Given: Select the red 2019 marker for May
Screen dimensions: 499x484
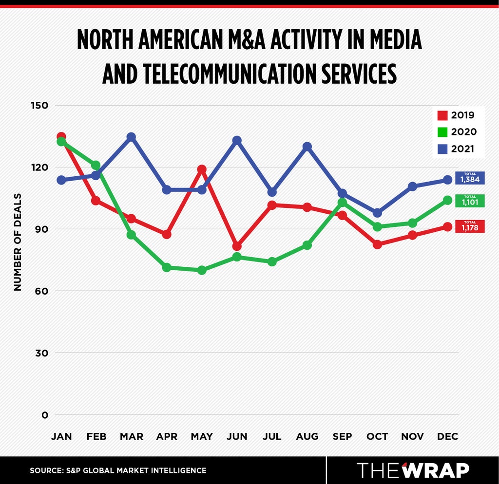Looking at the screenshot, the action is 202,169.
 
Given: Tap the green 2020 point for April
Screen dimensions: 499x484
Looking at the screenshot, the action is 167,267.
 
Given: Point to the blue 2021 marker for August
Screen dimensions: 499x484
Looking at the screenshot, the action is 307,147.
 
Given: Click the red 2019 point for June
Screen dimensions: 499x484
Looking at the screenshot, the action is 237,246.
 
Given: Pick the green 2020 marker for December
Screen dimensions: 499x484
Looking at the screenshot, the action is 448,200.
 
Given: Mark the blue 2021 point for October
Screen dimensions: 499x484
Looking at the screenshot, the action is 378,213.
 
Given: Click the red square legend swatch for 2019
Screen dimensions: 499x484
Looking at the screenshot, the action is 442,115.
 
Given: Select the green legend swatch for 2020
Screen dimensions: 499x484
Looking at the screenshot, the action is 442,132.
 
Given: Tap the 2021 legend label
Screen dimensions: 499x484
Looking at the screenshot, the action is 463,149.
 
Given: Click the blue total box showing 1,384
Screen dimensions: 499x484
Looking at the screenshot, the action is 470,178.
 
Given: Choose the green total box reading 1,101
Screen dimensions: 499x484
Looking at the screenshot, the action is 470,201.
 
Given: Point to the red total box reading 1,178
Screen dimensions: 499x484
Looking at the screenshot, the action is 470,226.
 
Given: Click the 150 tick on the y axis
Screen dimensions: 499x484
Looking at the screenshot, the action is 39,105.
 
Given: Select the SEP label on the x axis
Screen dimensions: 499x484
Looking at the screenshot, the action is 343,436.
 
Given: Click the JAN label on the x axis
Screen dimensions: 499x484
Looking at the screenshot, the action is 61,436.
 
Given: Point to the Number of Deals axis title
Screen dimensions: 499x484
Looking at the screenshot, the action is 18,242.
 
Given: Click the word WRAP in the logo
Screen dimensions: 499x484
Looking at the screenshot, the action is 435,470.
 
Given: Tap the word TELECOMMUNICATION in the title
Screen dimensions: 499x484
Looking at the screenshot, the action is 230,74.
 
